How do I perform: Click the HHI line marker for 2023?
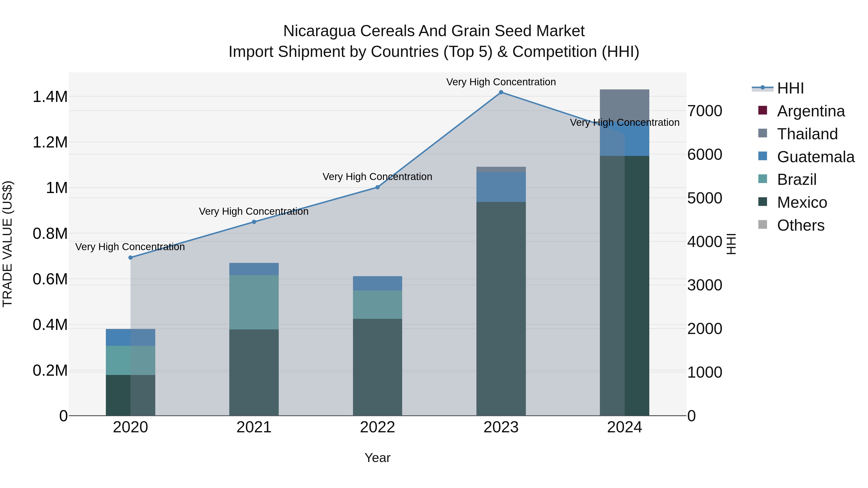click(501, 92)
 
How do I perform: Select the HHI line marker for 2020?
click(130, 258)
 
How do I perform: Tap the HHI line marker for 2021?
click(254, 222)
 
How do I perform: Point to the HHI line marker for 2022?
click(377, 187)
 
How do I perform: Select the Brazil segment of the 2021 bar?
click(254, 302)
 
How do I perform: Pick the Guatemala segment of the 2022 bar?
click(377, 283)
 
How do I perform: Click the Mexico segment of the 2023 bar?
click(501, 308)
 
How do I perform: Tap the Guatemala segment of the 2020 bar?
click(130, 337)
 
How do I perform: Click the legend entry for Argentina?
click(810, 111)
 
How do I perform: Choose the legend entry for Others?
click(800, 225)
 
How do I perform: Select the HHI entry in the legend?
click(790, 88)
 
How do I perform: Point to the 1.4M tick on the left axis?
click(50, 97)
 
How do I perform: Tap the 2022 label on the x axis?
click(377, 427)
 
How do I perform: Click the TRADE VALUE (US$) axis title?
click(7, 244)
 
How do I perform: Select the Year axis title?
click(377, 458)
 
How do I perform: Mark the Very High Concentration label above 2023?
click(501, 82)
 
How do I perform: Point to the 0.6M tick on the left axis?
click(50, 280)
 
